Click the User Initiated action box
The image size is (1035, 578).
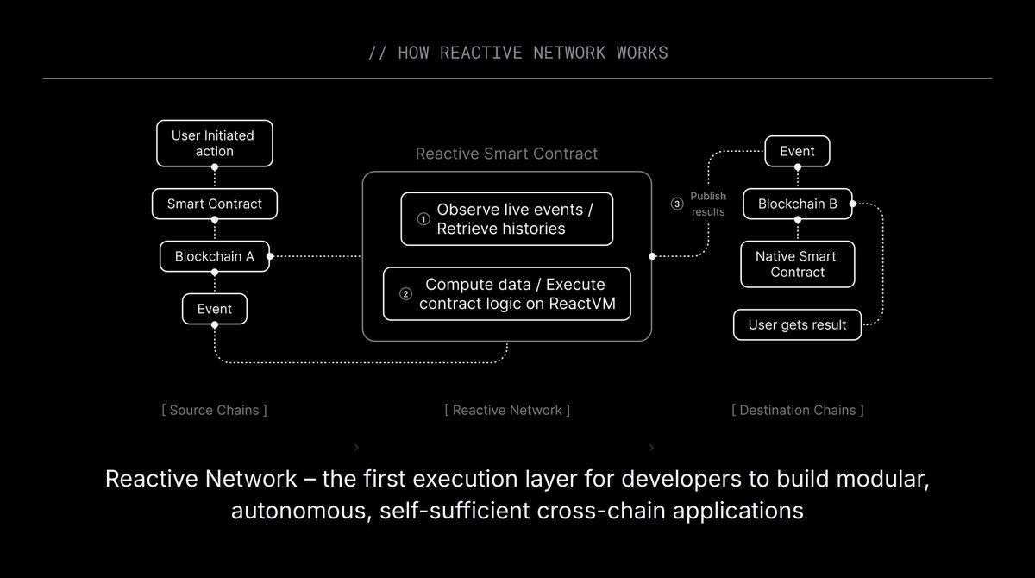tap(215, 143)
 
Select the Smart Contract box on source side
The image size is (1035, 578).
tap(215, 204)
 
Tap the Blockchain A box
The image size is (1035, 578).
tap(215, 256)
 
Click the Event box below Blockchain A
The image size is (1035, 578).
tap(215, 309)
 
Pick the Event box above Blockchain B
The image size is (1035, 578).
tap(797, 151)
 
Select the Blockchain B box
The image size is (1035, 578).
tap(797, 204)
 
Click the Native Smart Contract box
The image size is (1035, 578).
tap(797, 264)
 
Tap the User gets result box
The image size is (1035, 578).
tap(797, 325)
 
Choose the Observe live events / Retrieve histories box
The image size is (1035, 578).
tap(507, 219)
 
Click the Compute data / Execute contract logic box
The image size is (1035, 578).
tap(507, 293)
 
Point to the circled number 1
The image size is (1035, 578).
tap(423, 219)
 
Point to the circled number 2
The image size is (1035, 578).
tap(405, 293)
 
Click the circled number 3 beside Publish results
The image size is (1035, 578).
tap(676, 204)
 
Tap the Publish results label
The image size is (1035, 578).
tap(708, 204)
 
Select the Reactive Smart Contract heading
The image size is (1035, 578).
tap(506, 154)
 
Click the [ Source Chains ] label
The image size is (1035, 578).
tap(214, 410)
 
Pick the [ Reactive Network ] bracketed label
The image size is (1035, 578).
tap(507, 410)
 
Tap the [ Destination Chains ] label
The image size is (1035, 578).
tap(797, 410)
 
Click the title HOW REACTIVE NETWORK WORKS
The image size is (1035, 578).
tap(517, 53)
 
